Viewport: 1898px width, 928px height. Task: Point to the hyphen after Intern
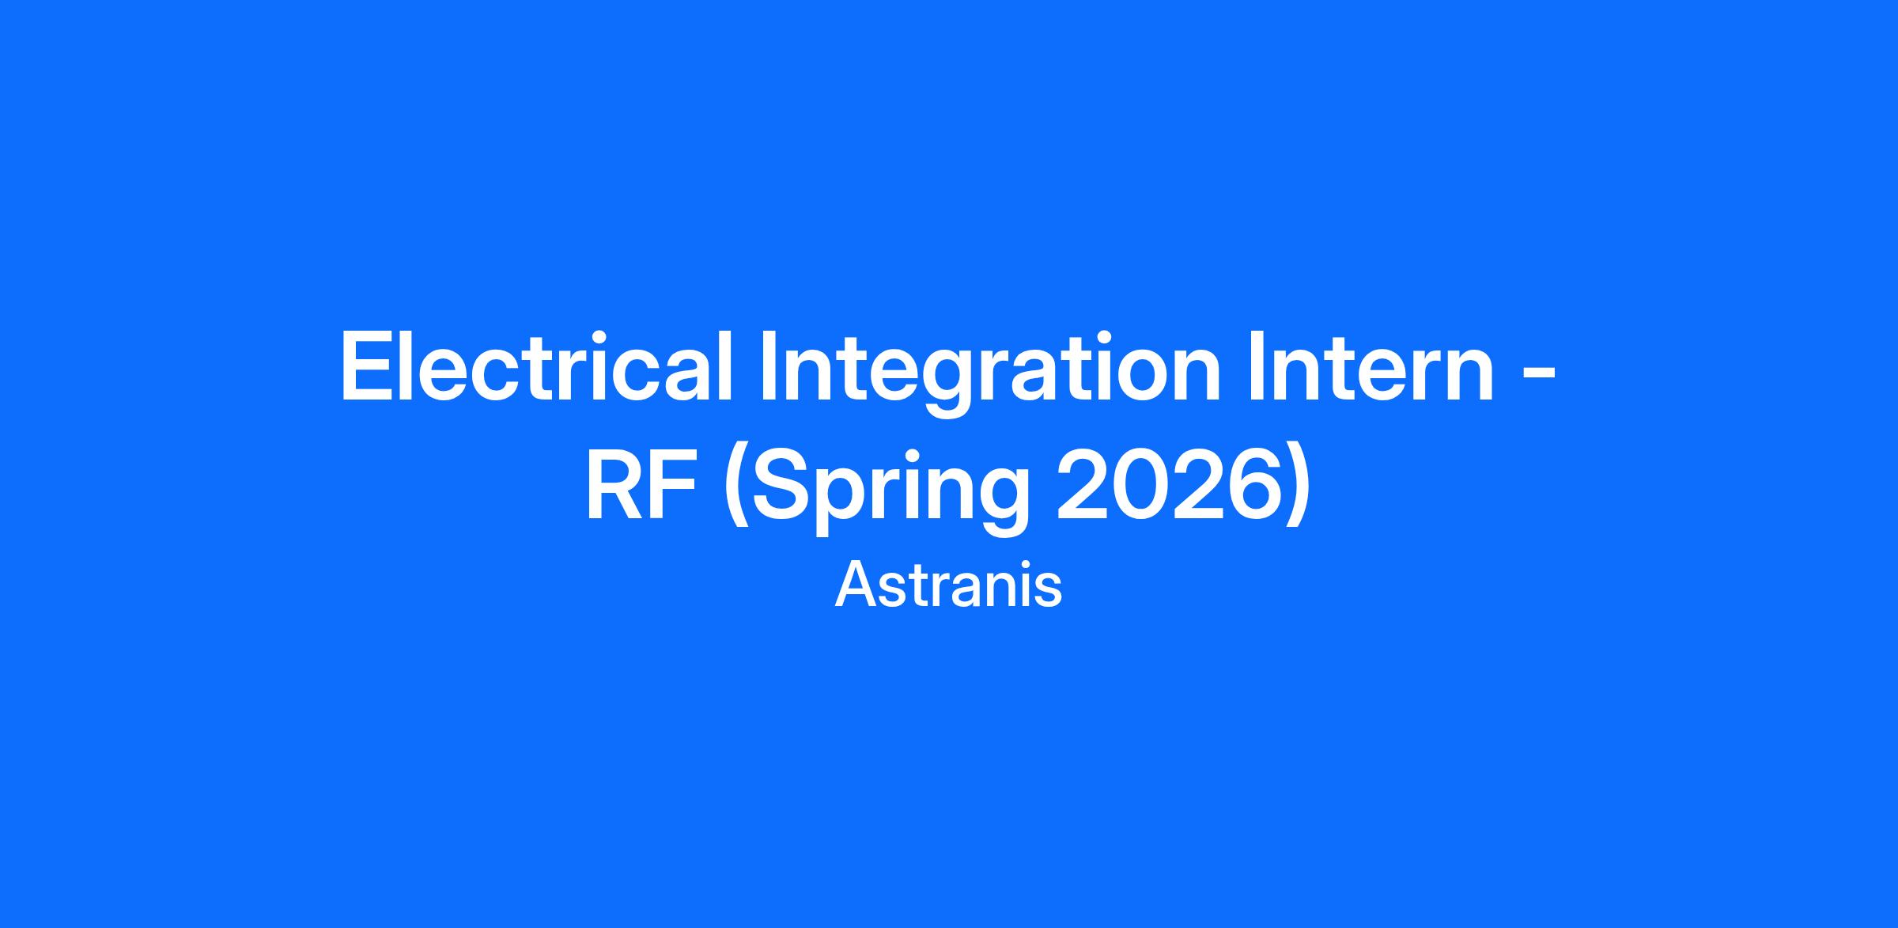(1538, 378)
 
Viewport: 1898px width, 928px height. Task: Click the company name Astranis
(948, 586)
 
